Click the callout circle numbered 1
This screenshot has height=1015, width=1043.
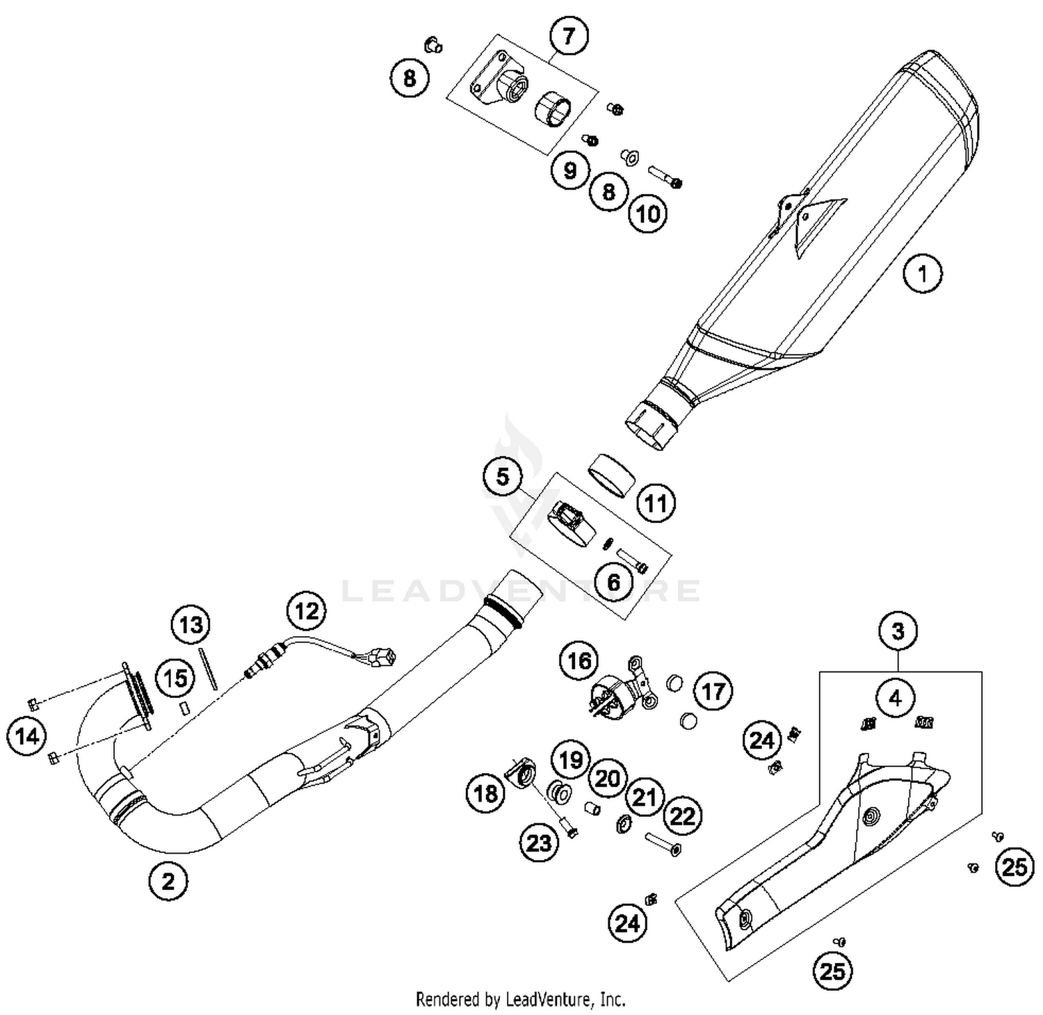coord(923,273)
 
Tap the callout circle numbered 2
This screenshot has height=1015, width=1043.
coord(168,882)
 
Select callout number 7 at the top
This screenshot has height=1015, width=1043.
coord(569,35)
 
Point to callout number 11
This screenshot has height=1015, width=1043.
coord(656,503)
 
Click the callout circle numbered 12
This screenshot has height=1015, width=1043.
coord(307,611)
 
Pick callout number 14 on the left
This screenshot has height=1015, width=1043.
coord(28,736)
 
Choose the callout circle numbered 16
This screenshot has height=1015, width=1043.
coord(579,660)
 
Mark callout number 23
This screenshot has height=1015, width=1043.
coord(539,843)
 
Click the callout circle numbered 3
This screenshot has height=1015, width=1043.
coord(898,631)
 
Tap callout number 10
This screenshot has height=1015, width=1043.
coord(648,213)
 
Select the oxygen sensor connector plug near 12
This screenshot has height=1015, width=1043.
coord(383,656)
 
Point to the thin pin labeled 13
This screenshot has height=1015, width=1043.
coord(209,668)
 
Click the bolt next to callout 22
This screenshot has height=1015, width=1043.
coord(663,845)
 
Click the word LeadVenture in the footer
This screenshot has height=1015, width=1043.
coord(549,1000)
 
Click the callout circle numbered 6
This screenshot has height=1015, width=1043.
coord(613,581)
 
